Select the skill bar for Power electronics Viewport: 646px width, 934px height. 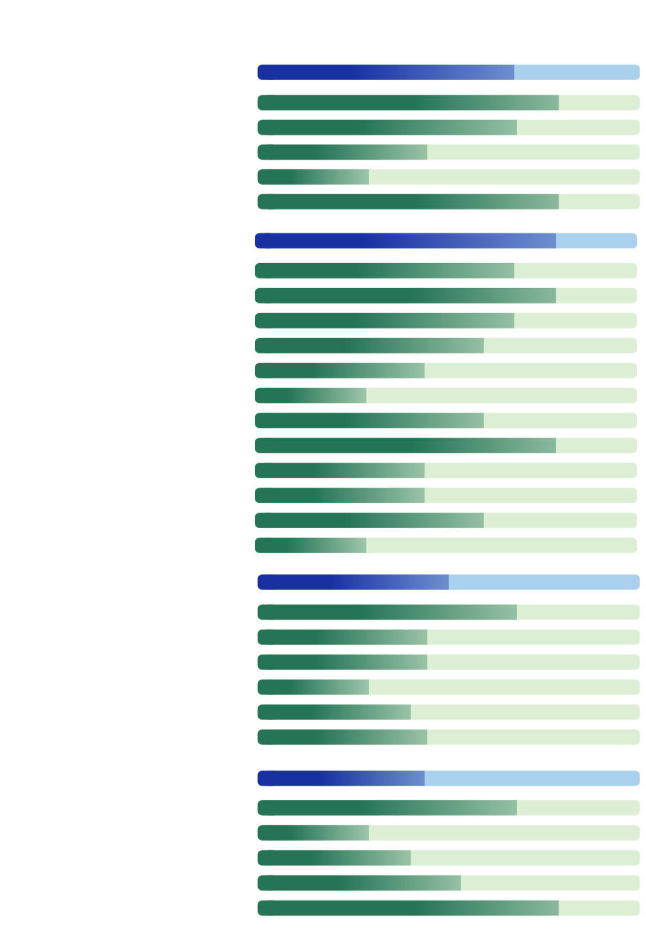448,152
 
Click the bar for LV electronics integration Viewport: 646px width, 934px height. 448,177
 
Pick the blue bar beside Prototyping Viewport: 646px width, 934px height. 446,241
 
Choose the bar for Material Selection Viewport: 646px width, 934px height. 446,545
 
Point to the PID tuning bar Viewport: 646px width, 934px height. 448,687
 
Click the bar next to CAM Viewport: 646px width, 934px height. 448,833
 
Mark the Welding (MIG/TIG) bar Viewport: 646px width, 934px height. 448,858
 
